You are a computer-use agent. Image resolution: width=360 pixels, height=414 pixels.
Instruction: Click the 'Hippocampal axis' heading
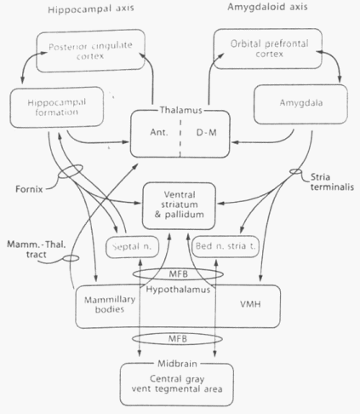click(x=91, y=9)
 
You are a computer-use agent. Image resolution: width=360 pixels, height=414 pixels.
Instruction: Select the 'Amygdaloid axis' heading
click(x=267, y=7)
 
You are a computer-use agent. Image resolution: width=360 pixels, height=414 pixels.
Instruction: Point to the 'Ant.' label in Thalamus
click(x=159, y=132)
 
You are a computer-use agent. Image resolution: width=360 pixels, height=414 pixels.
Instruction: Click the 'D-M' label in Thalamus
click(x=206, y=132)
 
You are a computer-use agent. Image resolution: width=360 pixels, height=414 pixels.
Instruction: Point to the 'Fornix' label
click(x=29, y=189)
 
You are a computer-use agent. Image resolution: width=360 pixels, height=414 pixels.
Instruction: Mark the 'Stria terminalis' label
click(x=332, y=182)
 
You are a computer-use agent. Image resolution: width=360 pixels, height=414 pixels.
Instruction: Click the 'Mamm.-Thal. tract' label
click(x=37, y=250)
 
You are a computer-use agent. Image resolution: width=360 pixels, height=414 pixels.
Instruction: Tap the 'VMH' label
click(x=250, y=304)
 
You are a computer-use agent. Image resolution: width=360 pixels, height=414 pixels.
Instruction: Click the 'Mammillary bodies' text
click(x=110, y=304)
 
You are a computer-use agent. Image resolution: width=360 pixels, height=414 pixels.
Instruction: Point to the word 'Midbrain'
click(x=177, y=364)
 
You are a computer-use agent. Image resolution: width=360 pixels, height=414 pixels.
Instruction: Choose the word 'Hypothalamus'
click(x=178, y=290)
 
